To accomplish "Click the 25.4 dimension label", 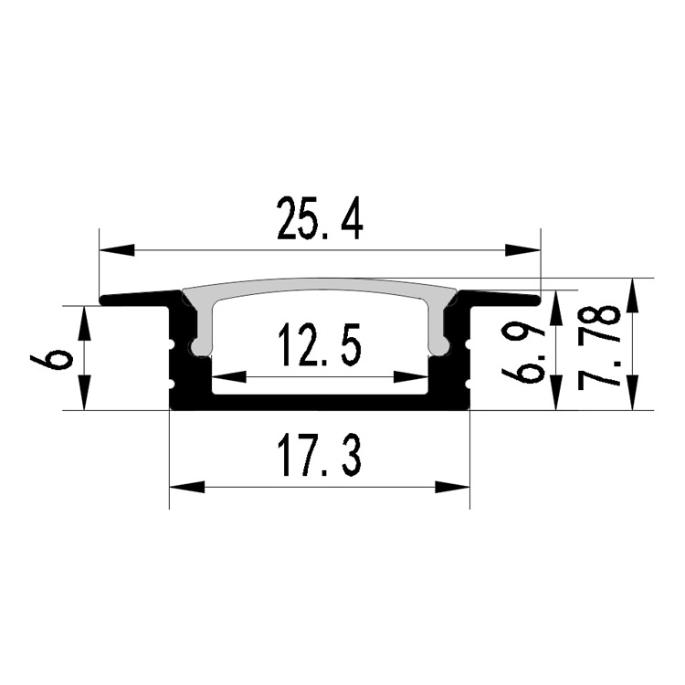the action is tap(320, 218).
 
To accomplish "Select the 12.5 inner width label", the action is tap(321, 344).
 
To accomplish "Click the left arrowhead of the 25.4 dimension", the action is tap(117, 250).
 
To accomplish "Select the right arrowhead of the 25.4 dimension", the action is tap(523, 250).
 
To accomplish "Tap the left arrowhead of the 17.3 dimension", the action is tap(186, 488).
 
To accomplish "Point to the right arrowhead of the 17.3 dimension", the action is tap(453, 488).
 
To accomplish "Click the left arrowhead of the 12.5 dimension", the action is tap(229, 377).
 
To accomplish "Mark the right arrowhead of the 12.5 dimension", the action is tap(411, 377).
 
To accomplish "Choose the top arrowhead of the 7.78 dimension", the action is tap(633, 296).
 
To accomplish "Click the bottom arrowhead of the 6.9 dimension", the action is tap(555, 393).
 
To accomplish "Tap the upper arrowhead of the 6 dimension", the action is tap(84, 323).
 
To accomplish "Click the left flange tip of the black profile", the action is tap(102, 301).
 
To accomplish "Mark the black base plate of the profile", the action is tap(320, 403).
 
